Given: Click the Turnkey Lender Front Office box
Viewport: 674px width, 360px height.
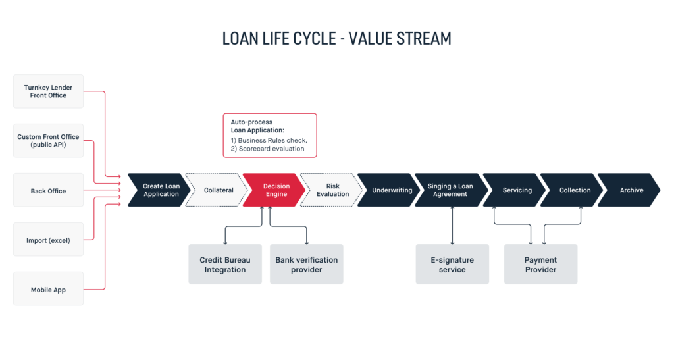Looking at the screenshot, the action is [x=48, y=91].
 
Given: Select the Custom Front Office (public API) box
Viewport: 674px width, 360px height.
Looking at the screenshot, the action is [x=48, y=141].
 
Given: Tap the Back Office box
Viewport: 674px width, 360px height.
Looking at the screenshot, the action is [x=48, y=190].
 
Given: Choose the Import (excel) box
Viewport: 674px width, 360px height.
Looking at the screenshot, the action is [x=48, y=240].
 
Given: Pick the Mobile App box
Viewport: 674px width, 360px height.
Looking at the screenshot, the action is [x=48, y=289].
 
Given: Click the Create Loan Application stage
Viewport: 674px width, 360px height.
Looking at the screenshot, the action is [x=160, y=190].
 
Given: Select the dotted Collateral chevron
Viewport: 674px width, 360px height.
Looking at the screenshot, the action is [x=217, y=190].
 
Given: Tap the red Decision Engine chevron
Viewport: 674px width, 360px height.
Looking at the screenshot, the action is [x=275, y=190].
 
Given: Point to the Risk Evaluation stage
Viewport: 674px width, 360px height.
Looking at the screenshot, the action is [x=332, y=190].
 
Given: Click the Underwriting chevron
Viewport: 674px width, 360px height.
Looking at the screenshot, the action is [x=390, y=190].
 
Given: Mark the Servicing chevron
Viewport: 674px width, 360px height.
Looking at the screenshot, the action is [x=515, y=190].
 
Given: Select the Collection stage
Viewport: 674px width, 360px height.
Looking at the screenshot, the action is [x=573, y=190].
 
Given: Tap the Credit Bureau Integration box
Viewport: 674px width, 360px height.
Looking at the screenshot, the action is [x=225, y=264].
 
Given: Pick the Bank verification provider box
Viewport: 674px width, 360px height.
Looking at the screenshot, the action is [x=307, y=264].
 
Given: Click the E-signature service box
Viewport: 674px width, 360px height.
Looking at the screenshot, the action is [x=452, y=264].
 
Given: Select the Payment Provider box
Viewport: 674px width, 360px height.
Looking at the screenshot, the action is [x=541, y=264].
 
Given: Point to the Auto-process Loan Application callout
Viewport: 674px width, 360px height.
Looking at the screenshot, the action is [x=270, y=136].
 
